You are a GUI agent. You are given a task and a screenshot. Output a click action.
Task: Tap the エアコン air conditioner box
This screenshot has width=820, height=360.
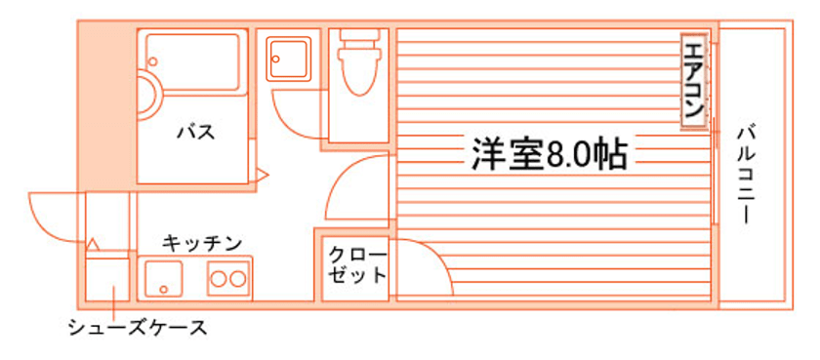coord(694,82)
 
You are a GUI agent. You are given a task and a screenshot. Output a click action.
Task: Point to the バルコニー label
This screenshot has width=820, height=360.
coord(746,175)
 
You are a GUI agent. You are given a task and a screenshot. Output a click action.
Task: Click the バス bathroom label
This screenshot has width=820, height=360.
coord(195,132)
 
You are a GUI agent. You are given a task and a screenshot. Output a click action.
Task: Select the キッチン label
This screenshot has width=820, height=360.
coord(201,243)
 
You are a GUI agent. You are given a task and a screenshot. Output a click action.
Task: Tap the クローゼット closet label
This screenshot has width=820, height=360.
coord(357,265)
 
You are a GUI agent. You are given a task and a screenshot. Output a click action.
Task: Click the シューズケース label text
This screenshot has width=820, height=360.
coord(138,328)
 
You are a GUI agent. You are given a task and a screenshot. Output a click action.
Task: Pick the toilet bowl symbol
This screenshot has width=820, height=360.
coord(359,62)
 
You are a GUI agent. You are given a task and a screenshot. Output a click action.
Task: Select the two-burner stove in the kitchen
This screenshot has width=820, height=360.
coord(229,278)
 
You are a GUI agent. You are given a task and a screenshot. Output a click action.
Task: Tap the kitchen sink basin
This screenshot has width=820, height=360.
coord(164,278)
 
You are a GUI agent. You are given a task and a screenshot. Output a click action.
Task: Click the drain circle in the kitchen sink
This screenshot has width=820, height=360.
coord(164,289)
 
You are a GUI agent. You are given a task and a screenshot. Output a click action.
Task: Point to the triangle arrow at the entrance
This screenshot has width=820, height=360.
coord(93,244)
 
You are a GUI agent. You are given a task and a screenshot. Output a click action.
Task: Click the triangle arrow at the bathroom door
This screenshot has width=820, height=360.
coord(261,175)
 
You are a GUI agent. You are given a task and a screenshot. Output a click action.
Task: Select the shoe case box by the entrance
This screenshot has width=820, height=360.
coord(107,279)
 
